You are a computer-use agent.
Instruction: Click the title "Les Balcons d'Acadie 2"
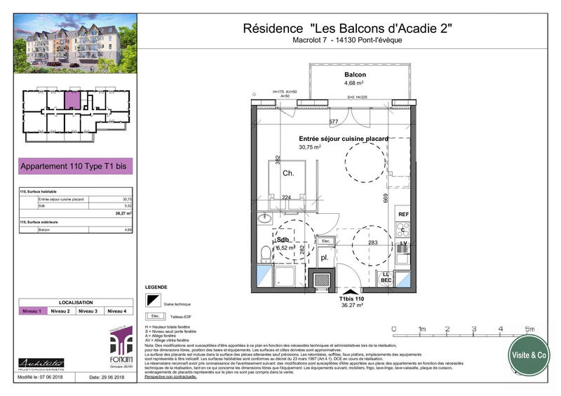pyautogui.click(x=346, y=29)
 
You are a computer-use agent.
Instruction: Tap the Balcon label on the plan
pyautogui.click(x=355, y=74)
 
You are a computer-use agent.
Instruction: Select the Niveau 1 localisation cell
pyautogui.click(x=33, y=310)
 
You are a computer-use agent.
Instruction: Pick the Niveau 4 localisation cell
pyautogui.click(x=116, y=310)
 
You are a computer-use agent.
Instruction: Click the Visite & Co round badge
pyautogui.click(x=529, y=355)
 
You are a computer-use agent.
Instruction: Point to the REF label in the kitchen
pyautogui.click(x=403, y=214)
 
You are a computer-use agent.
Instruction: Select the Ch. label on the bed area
pyautogui.click(x=288, y=173)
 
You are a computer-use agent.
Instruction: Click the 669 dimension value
pyautogui.click(x=386, y=198)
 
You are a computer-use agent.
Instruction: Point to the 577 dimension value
pyautogui.click(x=334, y=123)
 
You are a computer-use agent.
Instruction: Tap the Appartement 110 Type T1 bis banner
pyautogui.click(x=75, y=167)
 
